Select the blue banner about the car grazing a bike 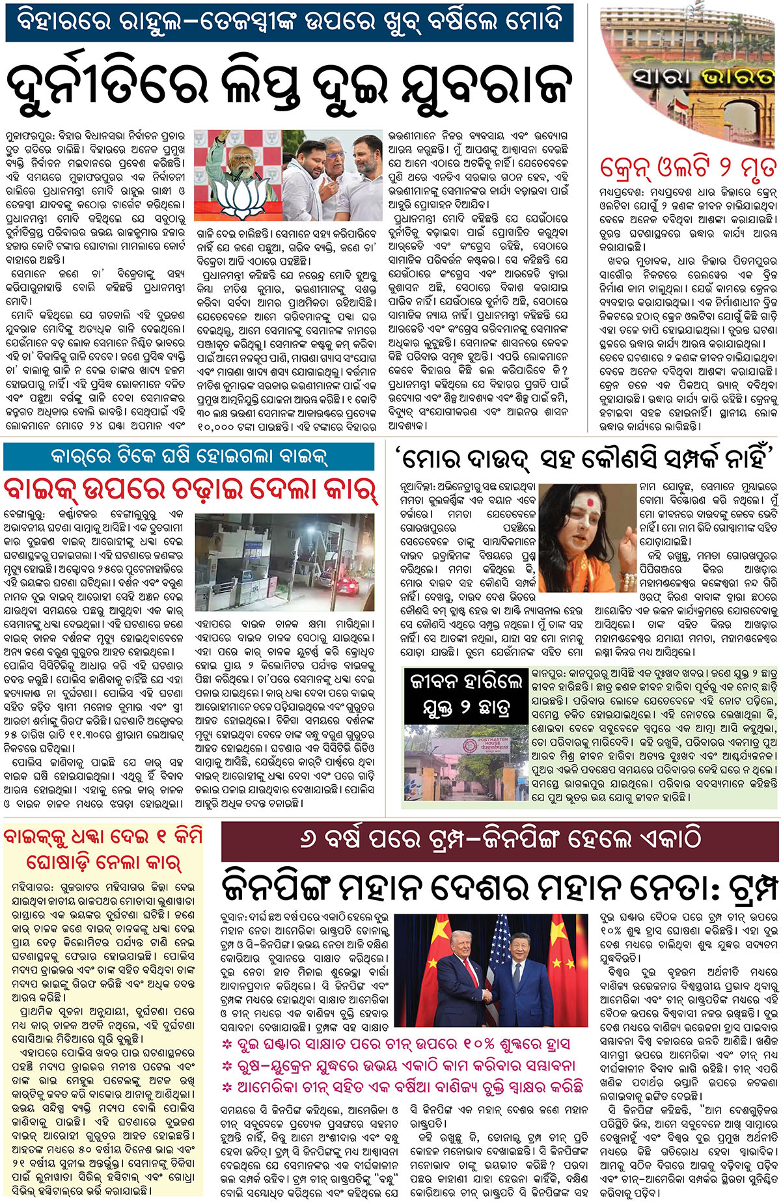189,457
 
